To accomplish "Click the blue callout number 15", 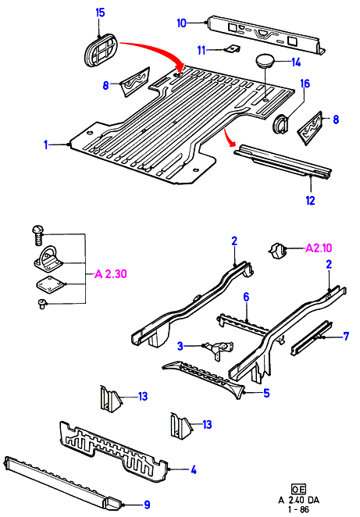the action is (100, 12).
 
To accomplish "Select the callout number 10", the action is (182, 23).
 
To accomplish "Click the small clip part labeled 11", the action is (233, 49).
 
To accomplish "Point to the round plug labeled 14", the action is (265, 62).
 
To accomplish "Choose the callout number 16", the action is (305, 84).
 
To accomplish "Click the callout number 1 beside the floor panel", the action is (46, 144).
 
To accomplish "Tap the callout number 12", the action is (310, 200).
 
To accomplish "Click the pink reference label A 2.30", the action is (110, 274).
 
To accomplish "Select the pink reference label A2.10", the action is (319, 248).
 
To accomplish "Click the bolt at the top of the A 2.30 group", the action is (37, 235).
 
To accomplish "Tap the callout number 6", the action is (246, 297).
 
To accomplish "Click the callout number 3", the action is (180, 346).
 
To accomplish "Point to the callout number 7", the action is (346, 337).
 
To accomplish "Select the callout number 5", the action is (266, 393).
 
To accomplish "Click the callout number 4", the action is (194, 470).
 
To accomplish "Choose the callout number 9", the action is (147, 505).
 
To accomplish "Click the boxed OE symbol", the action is (298, 489).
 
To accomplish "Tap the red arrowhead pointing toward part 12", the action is (232, 142).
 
